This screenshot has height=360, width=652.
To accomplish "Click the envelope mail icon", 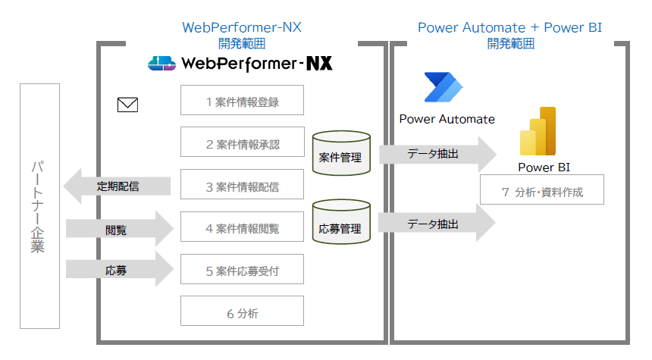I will point(127,105).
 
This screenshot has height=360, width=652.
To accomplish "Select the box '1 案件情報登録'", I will point(242,100).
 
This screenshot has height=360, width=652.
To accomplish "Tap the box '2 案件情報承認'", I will point(242,142).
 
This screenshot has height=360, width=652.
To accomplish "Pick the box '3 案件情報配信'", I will point(242,185).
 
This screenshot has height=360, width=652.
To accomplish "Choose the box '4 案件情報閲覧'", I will point(242,227).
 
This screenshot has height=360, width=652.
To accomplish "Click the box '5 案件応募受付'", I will point(242,269).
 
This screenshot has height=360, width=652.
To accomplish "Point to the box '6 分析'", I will point(242,311).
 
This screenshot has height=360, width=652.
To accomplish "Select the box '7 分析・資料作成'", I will point(542,191).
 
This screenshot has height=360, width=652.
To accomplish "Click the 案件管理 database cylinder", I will point(340,155).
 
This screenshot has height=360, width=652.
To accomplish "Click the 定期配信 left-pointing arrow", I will point(114,186).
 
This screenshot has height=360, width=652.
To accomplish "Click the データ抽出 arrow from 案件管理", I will point(437,154).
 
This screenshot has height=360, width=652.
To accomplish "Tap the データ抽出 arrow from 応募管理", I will point(437,224).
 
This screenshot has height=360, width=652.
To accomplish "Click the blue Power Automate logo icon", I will point(446,89).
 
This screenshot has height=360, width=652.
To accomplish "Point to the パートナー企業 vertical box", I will point(39,206).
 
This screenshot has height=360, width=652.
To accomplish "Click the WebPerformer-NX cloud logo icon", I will point(162,64).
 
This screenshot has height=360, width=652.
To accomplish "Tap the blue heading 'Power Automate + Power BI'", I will point(509,28).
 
